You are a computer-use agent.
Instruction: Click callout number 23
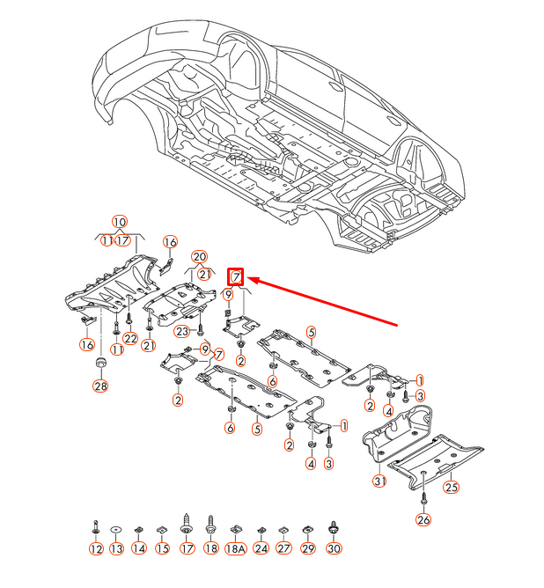pyautogui.click(x=181, y=331)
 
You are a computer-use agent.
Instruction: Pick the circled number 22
pyautogui.click(x=130, y=339)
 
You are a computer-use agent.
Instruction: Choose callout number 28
pyautogui.click(x=99, y=386)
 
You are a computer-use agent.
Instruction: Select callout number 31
pyautogui.click(x=379, y=481)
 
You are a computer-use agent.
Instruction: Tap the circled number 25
pyautogui.click(x=451, y=486)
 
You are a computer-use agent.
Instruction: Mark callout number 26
pyautogui.click(x=423, y=520)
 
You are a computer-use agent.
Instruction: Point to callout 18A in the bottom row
pyautogui.click(x=235, y=548)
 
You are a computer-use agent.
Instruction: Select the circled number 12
pyautogui.click(x=96, y=548)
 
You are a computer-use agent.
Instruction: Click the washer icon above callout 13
pyautogui.click(x=117, y=528)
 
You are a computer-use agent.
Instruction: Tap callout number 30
pyautogui.click(x=333, y=548)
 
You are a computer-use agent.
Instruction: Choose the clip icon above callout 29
pyautogui.click(x=307, y=529)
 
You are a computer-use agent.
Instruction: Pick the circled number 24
pyautogui.click(x=261, y=548)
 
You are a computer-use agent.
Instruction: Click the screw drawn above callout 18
pyautogui.click(x=210, y=526)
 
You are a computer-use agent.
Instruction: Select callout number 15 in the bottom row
pyautogui.click(x=162, y=548)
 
